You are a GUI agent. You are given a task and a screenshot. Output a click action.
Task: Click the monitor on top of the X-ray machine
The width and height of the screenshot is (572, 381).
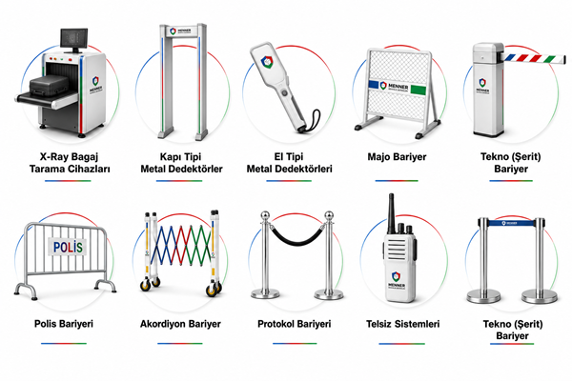(74, 39)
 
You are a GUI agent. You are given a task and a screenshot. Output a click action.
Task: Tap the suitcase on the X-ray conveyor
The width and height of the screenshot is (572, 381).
(49, 87)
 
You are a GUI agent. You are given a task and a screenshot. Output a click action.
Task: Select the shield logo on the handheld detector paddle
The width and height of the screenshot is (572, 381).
(266, 62)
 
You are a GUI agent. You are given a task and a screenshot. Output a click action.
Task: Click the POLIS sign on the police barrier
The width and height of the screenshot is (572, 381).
(68, 248)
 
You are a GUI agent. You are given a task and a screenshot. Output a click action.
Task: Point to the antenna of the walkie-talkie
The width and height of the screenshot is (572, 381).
(391, 213)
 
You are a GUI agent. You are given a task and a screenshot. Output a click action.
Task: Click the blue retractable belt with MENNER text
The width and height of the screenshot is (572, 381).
(512, 223)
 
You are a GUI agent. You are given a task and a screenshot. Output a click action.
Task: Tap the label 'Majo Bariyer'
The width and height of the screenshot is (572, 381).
(397, 157)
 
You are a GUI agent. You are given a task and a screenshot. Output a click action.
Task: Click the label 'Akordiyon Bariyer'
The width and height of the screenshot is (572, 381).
(180, 324)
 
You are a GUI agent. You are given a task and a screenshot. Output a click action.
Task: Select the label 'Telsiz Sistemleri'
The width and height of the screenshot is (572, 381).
(402, 324)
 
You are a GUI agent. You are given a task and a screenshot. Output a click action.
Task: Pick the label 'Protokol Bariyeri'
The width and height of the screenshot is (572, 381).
(294, 324)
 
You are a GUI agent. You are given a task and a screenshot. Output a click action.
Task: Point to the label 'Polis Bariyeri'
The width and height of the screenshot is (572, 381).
(64, 324)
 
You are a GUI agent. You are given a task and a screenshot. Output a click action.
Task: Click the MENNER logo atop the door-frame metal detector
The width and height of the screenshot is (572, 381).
(180, 31)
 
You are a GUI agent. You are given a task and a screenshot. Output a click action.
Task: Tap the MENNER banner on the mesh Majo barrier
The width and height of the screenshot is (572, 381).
(397, 87)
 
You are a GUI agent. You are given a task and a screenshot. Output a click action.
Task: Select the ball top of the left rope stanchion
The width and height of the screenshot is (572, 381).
(265, 214)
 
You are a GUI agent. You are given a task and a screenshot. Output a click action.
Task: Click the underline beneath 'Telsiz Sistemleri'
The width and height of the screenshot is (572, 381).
(401, 344)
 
